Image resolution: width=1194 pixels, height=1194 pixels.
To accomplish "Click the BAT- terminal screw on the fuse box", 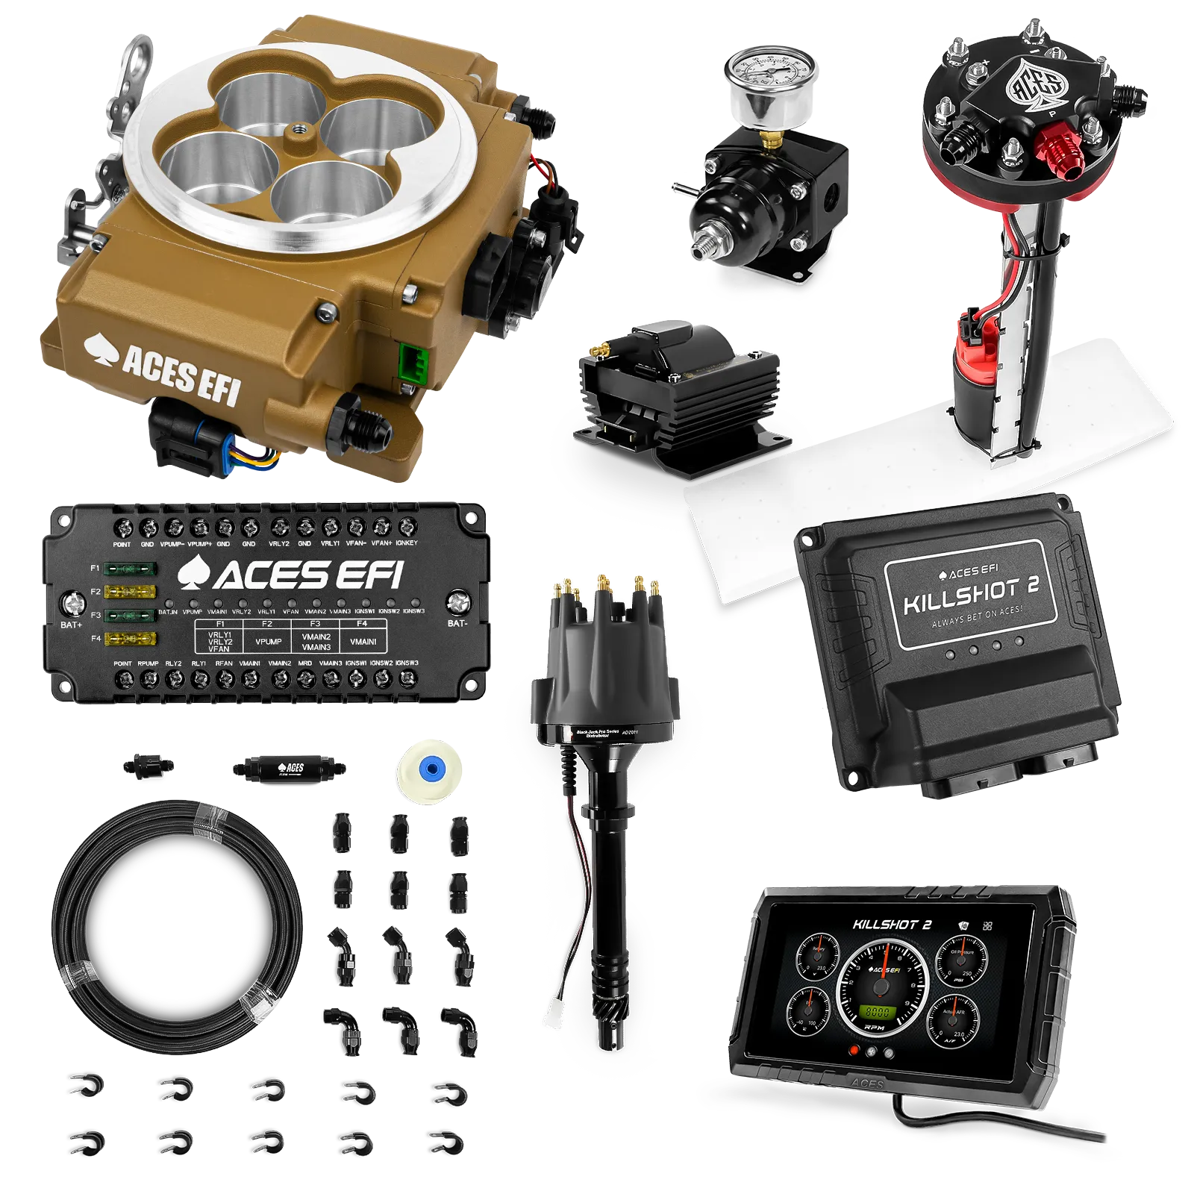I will click(x=457, y=601).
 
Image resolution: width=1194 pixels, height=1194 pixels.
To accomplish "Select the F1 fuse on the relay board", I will click(x=130, y=569).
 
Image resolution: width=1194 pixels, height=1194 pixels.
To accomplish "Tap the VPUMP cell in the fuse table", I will click(x=268, y=641).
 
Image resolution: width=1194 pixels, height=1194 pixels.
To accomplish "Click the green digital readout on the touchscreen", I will click(x=875, y=1013).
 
